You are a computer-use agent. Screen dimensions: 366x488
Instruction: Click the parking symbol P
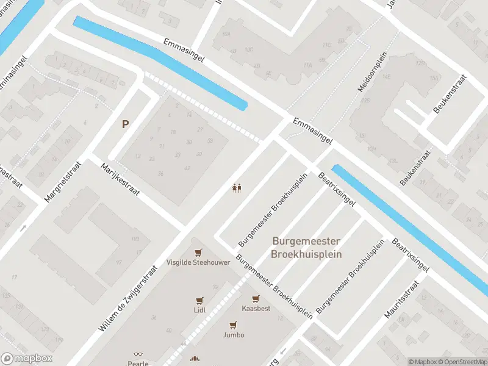point(125,124)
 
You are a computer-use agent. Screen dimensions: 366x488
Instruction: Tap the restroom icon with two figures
point(237,188)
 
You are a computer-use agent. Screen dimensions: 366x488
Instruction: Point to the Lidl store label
point(199,310)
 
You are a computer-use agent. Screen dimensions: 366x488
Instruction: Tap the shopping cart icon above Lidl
point(199,300)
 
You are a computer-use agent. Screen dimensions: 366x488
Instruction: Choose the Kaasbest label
point(256,309)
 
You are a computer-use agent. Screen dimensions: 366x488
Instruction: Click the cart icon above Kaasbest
point(256,298)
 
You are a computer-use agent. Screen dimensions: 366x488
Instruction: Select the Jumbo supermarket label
point(233,335)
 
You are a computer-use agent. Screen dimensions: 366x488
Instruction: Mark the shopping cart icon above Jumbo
point(233,325)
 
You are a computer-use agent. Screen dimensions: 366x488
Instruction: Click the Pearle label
point(138,363)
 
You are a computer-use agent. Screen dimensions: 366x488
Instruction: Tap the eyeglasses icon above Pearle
point(138,354)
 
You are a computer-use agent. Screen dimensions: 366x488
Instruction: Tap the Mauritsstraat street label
point(401,300)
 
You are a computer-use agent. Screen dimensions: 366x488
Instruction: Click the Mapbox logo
point(26,359)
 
